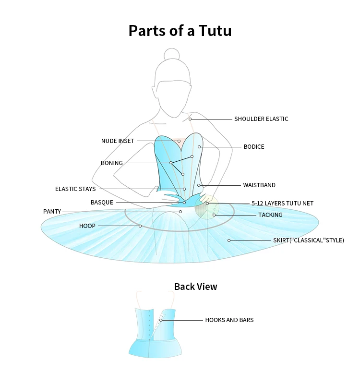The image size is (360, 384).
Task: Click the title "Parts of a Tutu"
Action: point(180,31)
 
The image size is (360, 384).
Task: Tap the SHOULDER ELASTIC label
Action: point(261,119)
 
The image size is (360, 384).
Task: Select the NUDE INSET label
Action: point(118,141)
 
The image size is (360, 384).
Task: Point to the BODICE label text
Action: point(254,147)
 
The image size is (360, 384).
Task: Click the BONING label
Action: point(112,163)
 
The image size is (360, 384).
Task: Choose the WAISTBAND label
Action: point(259,185)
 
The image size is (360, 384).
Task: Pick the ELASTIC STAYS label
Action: point(75,189)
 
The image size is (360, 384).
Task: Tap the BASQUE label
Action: point(102,203)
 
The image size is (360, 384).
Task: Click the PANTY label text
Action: point(52,212)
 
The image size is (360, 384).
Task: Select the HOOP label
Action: point(87,226)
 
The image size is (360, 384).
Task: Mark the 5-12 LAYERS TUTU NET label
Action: point(282,204)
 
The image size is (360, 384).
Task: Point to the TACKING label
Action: point(270,215)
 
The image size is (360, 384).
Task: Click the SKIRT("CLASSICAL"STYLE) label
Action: point(309,240)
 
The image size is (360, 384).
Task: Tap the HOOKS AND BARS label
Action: point(229,320)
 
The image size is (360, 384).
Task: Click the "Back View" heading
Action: point(195,287)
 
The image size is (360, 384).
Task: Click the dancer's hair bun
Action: point(172,54)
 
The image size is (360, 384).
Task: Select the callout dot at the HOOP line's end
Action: point(140,226)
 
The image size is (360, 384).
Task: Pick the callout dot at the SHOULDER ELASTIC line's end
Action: point(190,119)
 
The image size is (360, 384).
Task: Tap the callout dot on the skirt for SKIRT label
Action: point(229,240)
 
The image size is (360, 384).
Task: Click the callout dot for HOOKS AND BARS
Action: point(161,320)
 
